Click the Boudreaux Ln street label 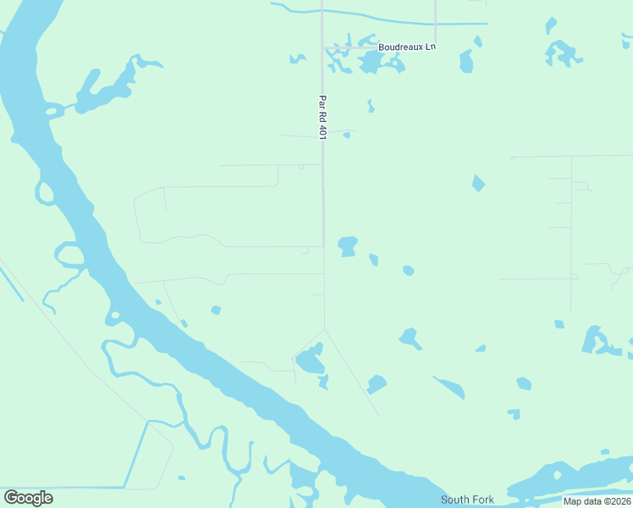[406, 47]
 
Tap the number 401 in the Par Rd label [322, 127]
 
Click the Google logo [28, 498]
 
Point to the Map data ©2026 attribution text [597, 501]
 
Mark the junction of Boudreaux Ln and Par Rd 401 [322, 47]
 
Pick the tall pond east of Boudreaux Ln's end [466, 61]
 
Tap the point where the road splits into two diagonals [324, 329]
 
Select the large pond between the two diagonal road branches [309, 362]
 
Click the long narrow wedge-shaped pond [449, 388]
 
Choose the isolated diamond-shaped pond [479, 183]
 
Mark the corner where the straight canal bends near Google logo [147, 422]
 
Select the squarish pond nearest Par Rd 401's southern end [347, 246]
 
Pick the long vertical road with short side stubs [571, 229]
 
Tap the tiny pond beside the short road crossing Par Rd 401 [346, 135]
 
